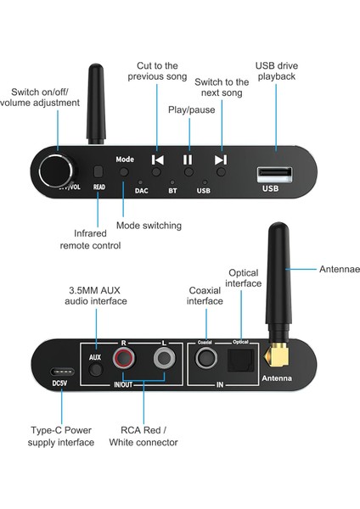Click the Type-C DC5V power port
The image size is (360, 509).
(61, 372)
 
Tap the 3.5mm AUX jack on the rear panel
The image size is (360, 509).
(96, 370)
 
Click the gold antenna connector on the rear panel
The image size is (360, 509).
(274, 355)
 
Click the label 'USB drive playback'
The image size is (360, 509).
(276, 72)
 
